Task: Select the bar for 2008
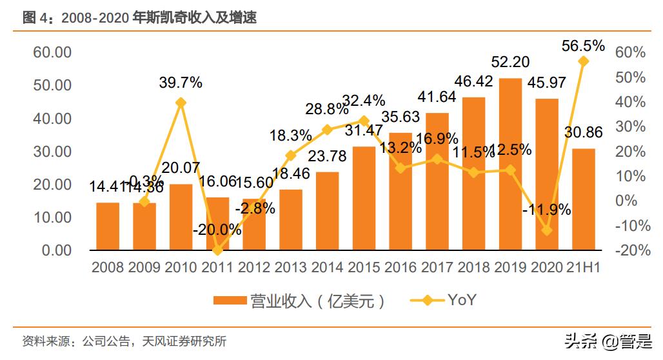click(x=108, y=226)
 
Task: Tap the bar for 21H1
click(x=583, y=199)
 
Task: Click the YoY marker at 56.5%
click(x=583, y=61)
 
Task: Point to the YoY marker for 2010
click(x=181, y=103)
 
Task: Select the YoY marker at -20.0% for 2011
click(x=217, y=250)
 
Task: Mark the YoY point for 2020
click(x=547, y=230)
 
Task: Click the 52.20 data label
click(x=510, y=62)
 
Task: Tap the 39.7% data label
click(x=181, y=83)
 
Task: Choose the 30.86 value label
click(x=583, y=133)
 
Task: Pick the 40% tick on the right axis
click(x=630, y=102)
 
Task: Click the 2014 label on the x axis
click(x=327, y=267)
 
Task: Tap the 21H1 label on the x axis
click(x=583, y=267)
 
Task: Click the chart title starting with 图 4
click(x=139, y=19)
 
